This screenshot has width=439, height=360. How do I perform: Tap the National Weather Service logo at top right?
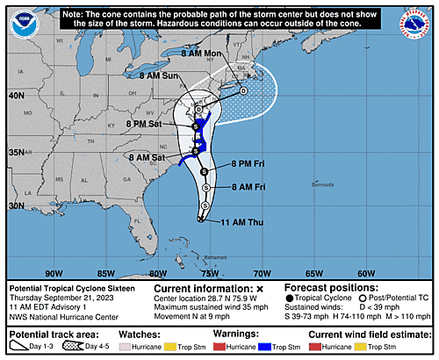pos(415,22)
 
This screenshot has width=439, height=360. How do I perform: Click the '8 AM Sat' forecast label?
pos(148,157)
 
